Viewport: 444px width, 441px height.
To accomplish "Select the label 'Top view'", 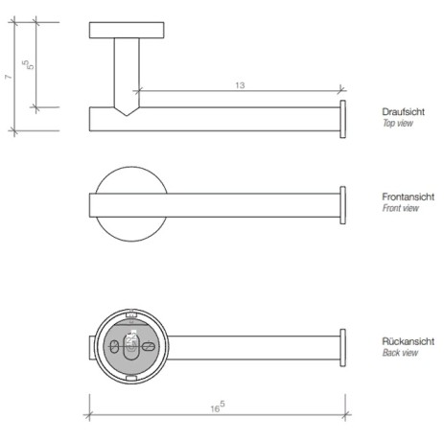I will (398, 124).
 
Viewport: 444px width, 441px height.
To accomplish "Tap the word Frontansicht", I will (408, 197).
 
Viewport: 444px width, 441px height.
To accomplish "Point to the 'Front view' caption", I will (401, 208).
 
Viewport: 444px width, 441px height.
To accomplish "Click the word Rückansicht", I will (408, 341).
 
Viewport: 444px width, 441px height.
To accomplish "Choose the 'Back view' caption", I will (400, 353).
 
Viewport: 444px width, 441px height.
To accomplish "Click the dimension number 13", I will (239, 85).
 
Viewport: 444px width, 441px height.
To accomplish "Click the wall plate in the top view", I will (126, 30).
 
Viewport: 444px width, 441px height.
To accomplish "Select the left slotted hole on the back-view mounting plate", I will (114, 345).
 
